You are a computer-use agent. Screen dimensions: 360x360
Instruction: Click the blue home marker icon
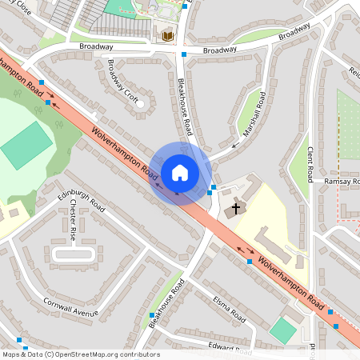coord(180,173)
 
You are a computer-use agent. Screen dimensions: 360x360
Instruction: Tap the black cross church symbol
coord(236,208)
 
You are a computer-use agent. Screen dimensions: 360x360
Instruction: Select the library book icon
coord(168,36)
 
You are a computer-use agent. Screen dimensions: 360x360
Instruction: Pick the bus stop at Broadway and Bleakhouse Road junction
coord(184,54)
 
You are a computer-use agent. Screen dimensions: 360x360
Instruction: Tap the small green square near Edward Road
coord(282,330)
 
